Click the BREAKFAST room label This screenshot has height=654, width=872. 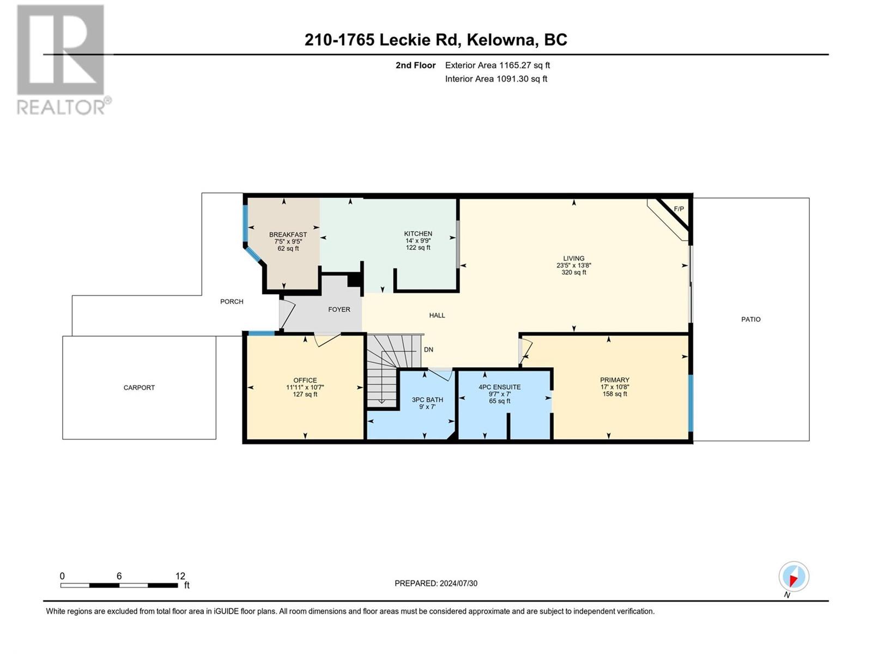pos(288,235)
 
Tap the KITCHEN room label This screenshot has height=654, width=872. pos(418,234)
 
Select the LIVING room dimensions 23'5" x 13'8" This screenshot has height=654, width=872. pos(574,265)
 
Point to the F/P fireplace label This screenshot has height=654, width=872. pos(679,209)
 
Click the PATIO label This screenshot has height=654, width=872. pos(751,319)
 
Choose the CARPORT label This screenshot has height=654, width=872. pos(139,387)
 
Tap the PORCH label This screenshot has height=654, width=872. pos(232,302)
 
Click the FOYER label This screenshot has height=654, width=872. pos(340,310)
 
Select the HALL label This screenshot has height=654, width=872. pos(437,316)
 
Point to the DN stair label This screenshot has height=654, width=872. pos(429,350)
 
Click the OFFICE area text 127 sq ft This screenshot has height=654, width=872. pos(305,394)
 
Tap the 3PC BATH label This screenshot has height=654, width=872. pos(427,400)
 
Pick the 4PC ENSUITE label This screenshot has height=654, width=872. pos(500,387)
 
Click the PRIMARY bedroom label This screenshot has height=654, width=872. pos(615,380)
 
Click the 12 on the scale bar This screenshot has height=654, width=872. pos(180,576)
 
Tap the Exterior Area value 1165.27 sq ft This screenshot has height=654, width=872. pos(524,65)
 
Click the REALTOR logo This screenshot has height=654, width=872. pos(62,59)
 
